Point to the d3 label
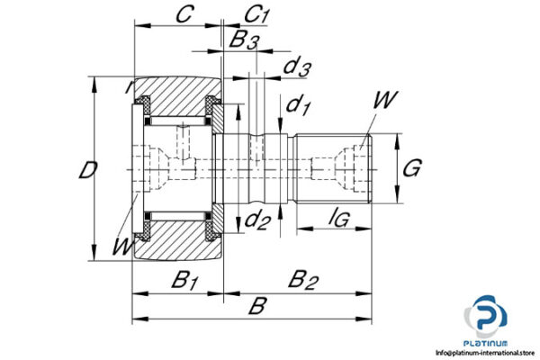point(297,67)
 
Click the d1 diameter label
point(298,105)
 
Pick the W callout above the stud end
point(382,101)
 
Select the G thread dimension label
point(411,166)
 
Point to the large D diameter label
point(86,170)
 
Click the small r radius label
point(129,87)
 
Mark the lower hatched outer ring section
point(175,243)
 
